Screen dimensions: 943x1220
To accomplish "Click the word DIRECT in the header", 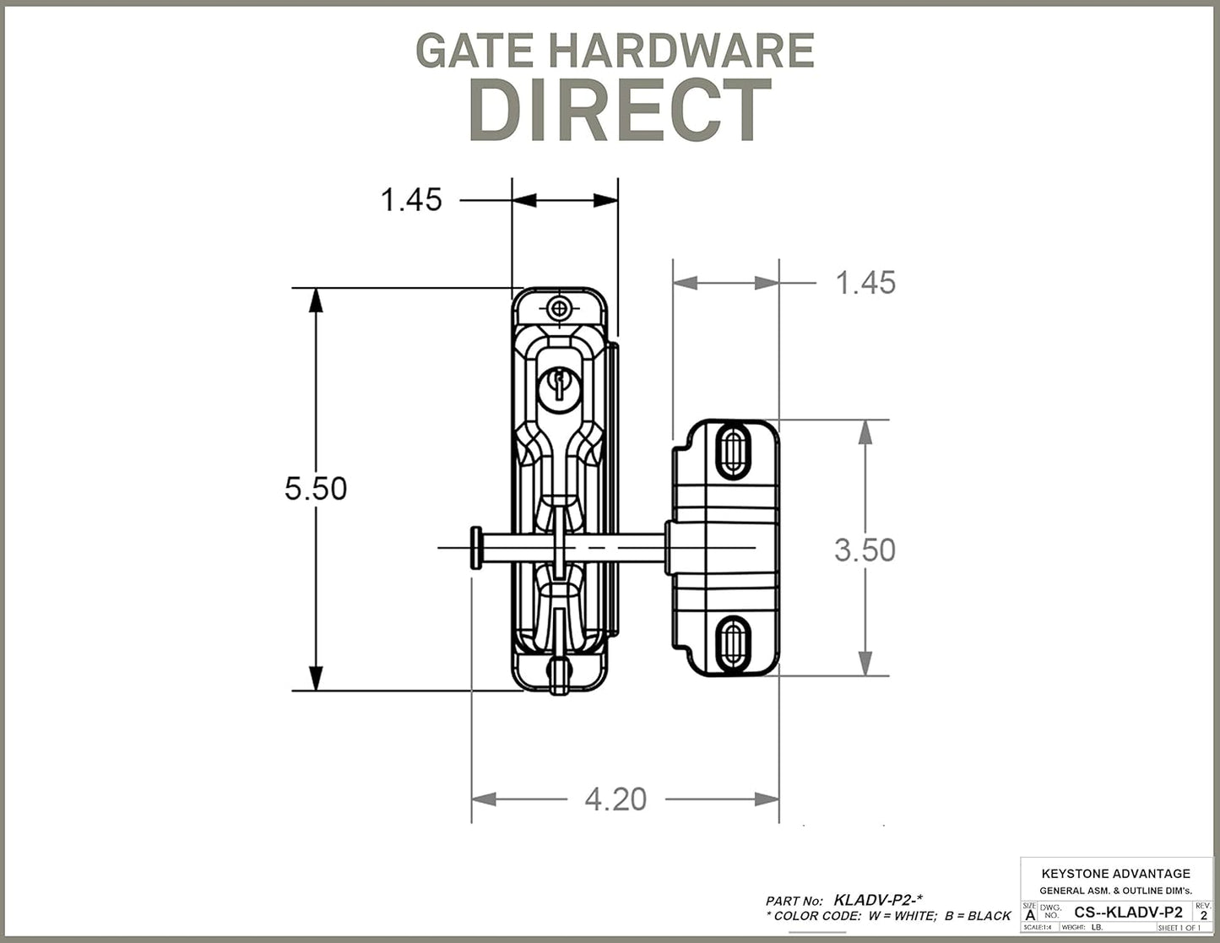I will pyautogui.click(x=620, y=111).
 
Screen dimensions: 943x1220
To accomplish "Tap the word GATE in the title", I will pyautogui.click(x=474, y=51).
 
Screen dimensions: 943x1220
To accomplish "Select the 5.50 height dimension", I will pyautogui.click(x=315, y=489).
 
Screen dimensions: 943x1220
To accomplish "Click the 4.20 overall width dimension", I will pyautogui.click(x=615, y=799).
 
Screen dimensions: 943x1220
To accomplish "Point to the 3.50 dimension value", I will pyautogui.click(x=865, y=550).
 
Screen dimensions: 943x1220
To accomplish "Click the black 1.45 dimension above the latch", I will pyautogui.click(x=411, y=200).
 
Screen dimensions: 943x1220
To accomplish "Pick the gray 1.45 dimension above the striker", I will pyautogui.click(x=865, y=283).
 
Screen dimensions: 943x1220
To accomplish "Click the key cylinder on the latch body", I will pyautogui.click(x=558, y=387).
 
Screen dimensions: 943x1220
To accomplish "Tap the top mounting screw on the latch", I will pyautogui.click(x=558, y=308).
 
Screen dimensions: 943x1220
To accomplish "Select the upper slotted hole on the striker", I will pyautogui.click(x=732, y=453).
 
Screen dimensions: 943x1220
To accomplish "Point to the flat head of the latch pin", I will pyautogui.click(x=476, y=548).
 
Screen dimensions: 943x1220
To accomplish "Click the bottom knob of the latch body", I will pyautogui.click(x=559, y=675).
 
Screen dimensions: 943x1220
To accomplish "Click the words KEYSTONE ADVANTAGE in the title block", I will pyautogui.click(x=1115, y=874).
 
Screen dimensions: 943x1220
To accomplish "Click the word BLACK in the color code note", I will pyautogui.click(x=989, y=916).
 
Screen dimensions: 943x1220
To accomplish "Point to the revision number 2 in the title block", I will pyautogui.click(x=1203, y=915).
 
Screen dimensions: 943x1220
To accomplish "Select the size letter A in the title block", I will pyautogui.click(x=1029, y=915).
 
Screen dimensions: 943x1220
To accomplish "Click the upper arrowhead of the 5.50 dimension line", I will pyautogui.click(x=316, y=300).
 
